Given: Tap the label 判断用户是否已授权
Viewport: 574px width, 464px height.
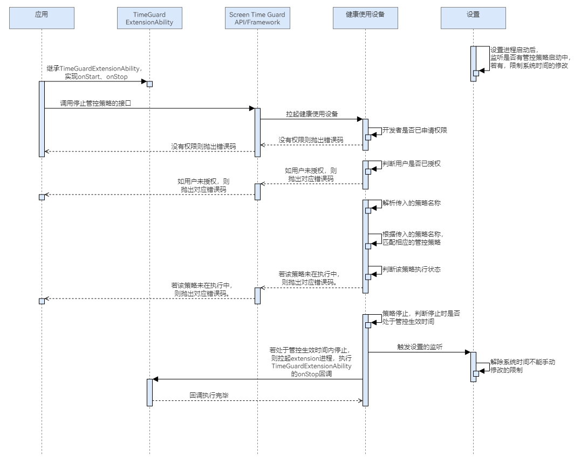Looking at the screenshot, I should pyautogui.click(x=408, y=163).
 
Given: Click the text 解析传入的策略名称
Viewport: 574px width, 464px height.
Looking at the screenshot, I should pyautogui.click(x=408, y=203).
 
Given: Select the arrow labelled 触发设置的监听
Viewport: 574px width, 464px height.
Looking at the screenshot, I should pyautogui.click(x=419, y=352).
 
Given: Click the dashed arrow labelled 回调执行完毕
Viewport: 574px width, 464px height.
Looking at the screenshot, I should pyautogui.click(x=257, y=400).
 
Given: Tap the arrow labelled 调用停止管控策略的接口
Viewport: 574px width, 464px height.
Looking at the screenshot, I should pyautogui.click(x=149, y=108).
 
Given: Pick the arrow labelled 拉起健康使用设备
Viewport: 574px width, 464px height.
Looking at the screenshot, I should pyautogui.click(x=311, y=120).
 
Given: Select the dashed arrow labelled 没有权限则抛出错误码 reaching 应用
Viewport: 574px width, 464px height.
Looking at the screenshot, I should pyautogui.click(x=149, y=151).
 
